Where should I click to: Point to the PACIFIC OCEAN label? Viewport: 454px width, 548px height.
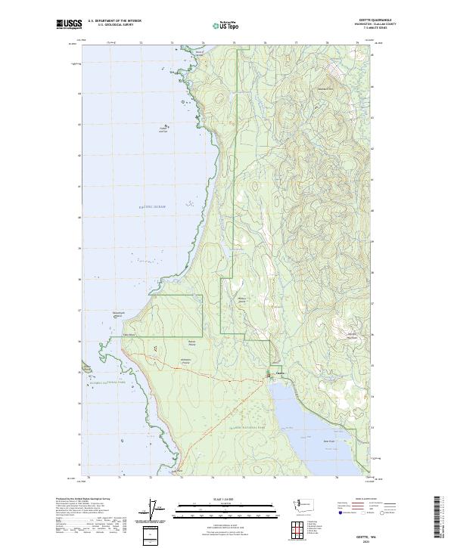pyautogui.click(x=151, y=206)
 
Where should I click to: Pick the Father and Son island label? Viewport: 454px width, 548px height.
pyautogui.click(x=162, y=129)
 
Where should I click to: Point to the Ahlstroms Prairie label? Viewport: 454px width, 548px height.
pyautogui.click(x=185, y=361)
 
